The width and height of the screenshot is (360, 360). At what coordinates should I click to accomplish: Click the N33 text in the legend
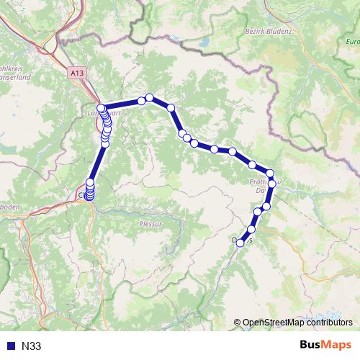click(32, 346)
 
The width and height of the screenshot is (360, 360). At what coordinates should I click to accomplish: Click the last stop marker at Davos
click(240, 243)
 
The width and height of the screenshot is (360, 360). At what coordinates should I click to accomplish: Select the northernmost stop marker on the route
click(149, 97)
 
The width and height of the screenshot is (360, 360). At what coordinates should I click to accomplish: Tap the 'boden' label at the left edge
click(12, 204)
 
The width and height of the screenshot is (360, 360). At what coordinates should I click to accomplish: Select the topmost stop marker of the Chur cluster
click(91, 182)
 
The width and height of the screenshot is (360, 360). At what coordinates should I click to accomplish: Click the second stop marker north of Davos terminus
click(257, 211)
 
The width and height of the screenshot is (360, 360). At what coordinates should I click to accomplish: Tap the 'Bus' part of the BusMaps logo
click(312, 345)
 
